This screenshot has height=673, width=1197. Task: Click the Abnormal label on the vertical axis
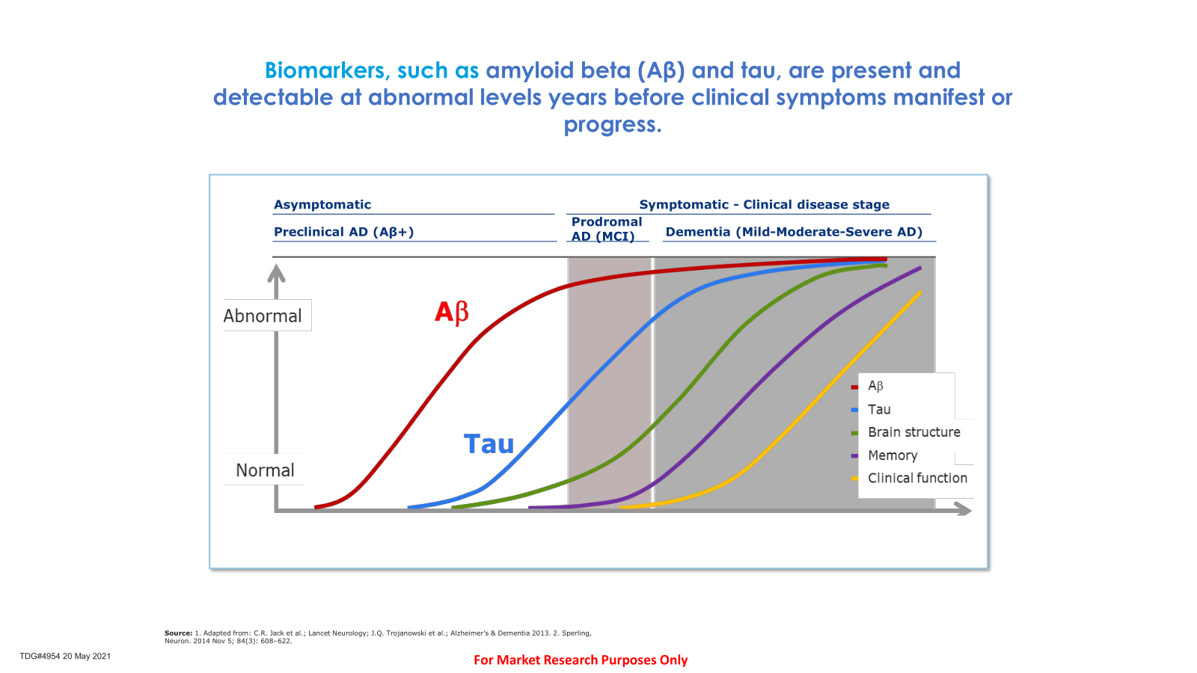[263, 316]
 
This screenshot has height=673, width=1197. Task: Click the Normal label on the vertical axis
[265, 470]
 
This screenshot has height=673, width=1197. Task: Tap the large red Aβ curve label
[452, 312]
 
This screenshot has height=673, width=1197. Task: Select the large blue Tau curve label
[489, 444]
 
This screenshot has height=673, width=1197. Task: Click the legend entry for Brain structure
[913, 431]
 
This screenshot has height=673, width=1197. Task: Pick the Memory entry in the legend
[893, 455]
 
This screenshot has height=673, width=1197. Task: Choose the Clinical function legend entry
[917, 478]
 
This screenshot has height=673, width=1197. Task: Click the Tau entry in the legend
[879, 409]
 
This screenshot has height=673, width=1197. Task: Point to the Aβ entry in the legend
[875, 386]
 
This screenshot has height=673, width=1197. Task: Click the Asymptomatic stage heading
[322, 205]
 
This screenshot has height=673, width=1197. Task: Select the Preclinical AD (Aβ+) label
[343, 232]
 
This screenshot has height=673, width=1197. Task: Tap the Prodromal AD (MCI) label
[607, 229]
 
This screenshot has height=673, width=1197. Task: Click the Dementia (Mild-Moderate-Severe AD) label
[794, 232]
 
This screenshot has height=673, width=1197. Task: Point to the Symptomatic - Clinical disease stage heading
[764, 205]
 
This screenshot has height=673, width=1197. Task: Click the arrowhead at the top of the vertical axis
[276, 274]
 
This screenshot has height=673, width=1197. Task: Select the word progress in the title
[613, 125]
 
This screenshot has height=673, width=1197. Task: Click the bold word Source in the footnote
[178, 633]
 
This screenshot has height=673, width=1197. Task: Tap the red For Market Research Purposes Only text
[581, 660]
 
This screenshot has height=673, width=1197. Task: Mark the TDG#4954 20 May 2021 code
[65, 656]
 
